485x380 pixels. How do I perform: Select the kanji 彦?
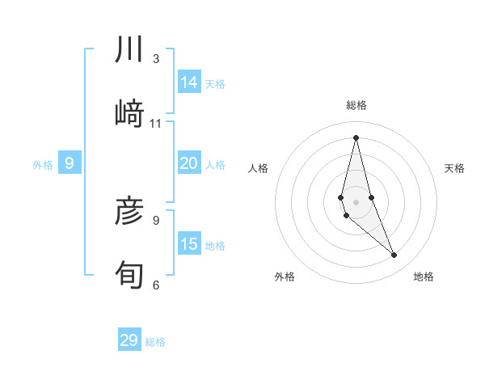[x=130, y=213]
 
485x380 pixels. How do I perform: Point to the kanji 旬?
[x=130, y=275]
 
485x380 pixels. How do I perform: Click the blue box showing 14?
[x=189, y=82]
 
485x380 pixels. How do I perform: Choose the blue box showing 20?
[x=189, y=163]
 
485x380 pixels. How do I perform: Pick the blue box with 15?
[x=189, y=244]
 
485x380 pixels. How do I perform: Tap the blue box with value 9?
[x=70, y=164]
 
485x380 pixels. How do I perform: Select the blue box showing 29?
[x=129, y=340]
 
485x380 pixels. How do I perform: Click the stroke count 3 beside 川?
[x=156, y=59]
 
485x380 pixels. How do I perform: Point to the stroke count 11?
[x=156, y=123]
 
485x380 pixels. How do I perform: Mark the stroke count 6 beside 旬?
[x=156, y=285]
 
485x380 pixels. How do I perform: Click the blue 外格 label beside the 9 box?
[x=43, y=165]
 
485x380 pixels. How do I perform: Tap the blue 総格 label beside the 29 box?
[x=156, y=342]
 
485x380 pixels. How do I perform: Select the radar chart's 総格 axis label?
[x=356, y=105]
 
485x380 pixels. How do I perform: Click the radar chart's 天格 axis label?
[x=454, y=168]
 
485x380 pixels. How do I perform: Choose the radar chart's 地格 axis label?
[x=424, y=277]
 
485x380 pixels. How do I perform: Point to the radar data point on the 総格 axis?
[x=356, y=137]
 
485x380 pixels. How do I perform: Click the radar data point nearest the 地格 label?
[x=394, y=255]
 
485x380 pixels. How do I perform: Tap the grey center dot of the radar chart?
[x=356, y=201]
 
